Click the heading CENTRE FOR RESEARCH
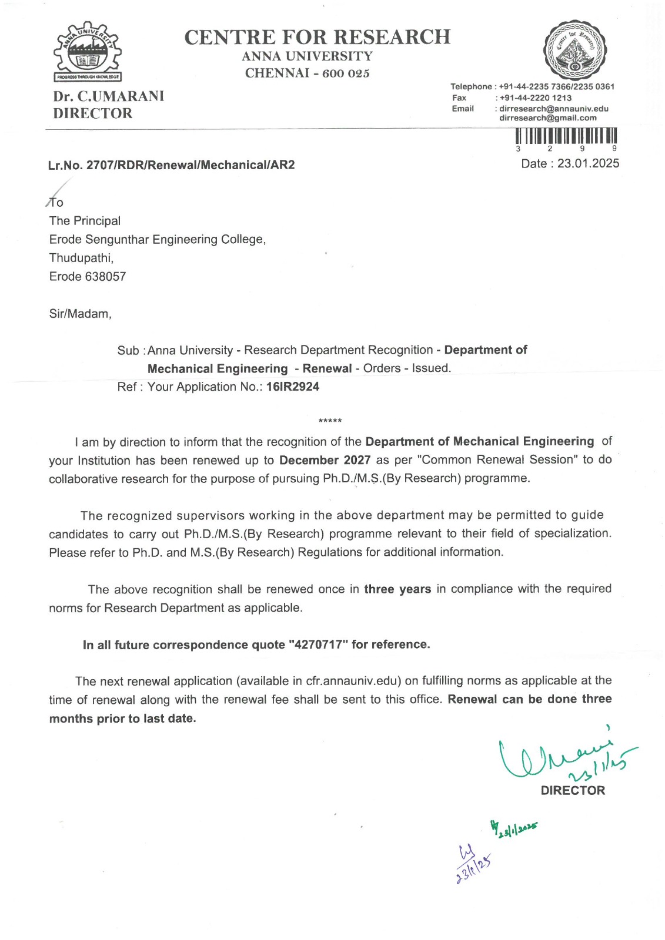tap(317, 37)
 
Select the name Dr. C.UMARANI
tap(109, 96)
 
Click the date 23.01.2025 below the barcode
tap(588, 163)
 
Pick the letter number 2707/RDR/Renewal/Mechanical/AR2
tap(191, 165)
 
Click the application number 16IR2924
tap(293, 387)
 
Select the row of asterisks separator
tap(330, 421)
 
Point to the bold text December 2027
tap(325, 460)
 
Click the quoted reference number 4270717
tap(318, 644)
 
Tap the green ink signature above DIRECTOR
tap(564, 758)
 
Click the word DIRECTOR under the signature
tap(573, 791)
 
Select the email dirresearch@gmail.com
tap(547, 118)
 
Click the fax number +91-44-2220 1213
tap(535, 98)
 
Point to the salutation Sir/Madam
tap(80, 314)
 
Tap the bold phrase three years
tap(397, 589)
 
